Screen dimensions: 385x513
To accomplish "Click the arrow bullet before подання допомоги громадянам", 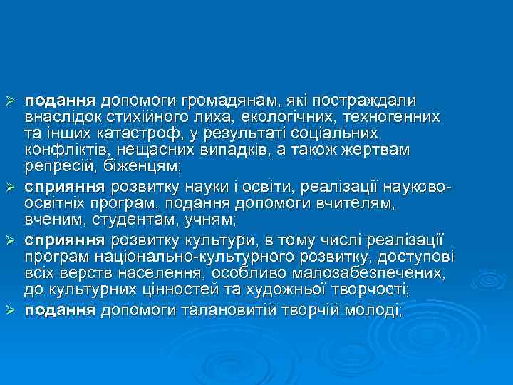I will pos(11,99).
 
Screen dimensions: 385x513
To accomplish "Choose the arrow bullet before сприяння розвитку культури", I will pos(11,239).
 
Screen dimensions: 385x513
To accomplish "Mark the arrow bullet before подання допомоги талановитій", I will pos(11,310).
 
